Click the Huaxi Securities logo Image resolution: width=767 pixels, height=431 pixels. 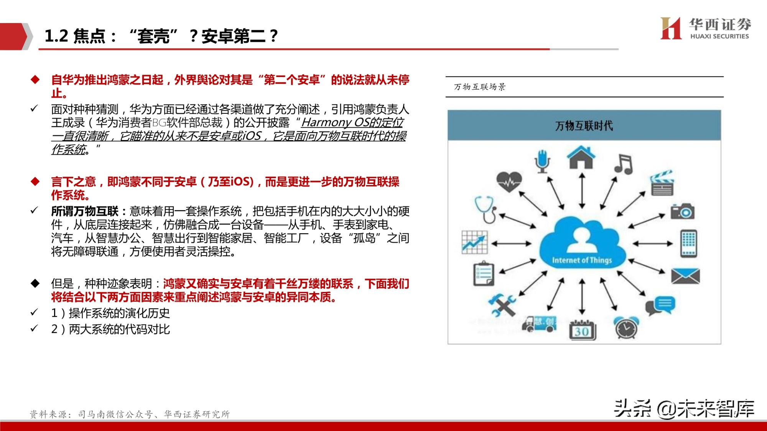click(x=705, y=28)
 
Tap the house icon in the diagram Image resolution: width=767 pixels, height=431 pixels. click(x=581, y=157)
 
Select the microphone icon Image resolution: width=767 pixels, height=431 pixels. click(x=542, y=161)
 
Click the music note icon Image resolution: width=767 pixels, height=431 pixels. click(x=623, y=164)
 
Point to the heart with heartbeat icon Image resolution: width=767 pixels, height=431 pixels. click(x=509, y=181)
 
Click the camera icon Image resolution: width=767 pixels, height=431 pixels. click(x=683, y=211)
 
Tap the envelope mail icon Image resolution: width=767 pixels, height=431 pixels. click(x=685, y=276)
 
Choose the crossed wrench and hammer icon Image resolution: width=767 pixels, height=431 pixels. click(x=502, y=305)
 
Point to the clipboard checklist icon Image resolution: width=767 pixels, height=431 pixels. click(x=484, y=274)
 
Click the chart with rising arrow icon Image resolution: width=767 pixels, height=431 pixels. click(x=475, y=242)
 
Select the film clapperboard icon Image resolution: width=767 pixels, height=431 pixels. click(x=662, y=184)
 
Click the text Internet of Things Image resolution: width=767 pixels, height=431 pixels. click(x=582, y=261)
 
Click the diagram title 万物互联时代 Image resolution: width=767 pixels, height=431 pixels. click(x=584, y=126)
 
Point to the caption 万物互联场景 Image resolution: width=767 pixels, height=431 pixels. click(x=480, y=87)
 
